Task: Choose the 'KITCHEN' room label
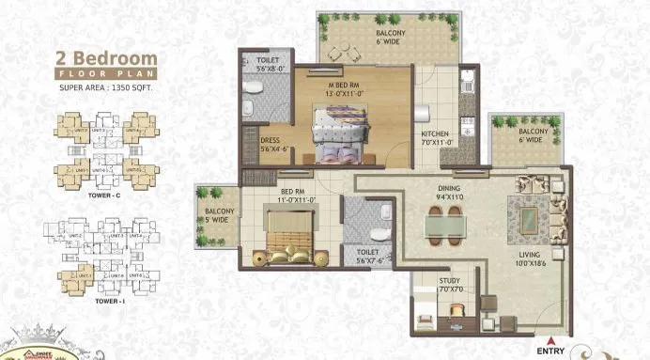pos(435,134)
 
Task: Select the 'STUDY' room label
pos(450,281)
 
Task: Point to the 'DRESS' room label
pos(270,141)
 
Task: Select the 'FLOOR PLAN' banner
pos(104,72)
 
